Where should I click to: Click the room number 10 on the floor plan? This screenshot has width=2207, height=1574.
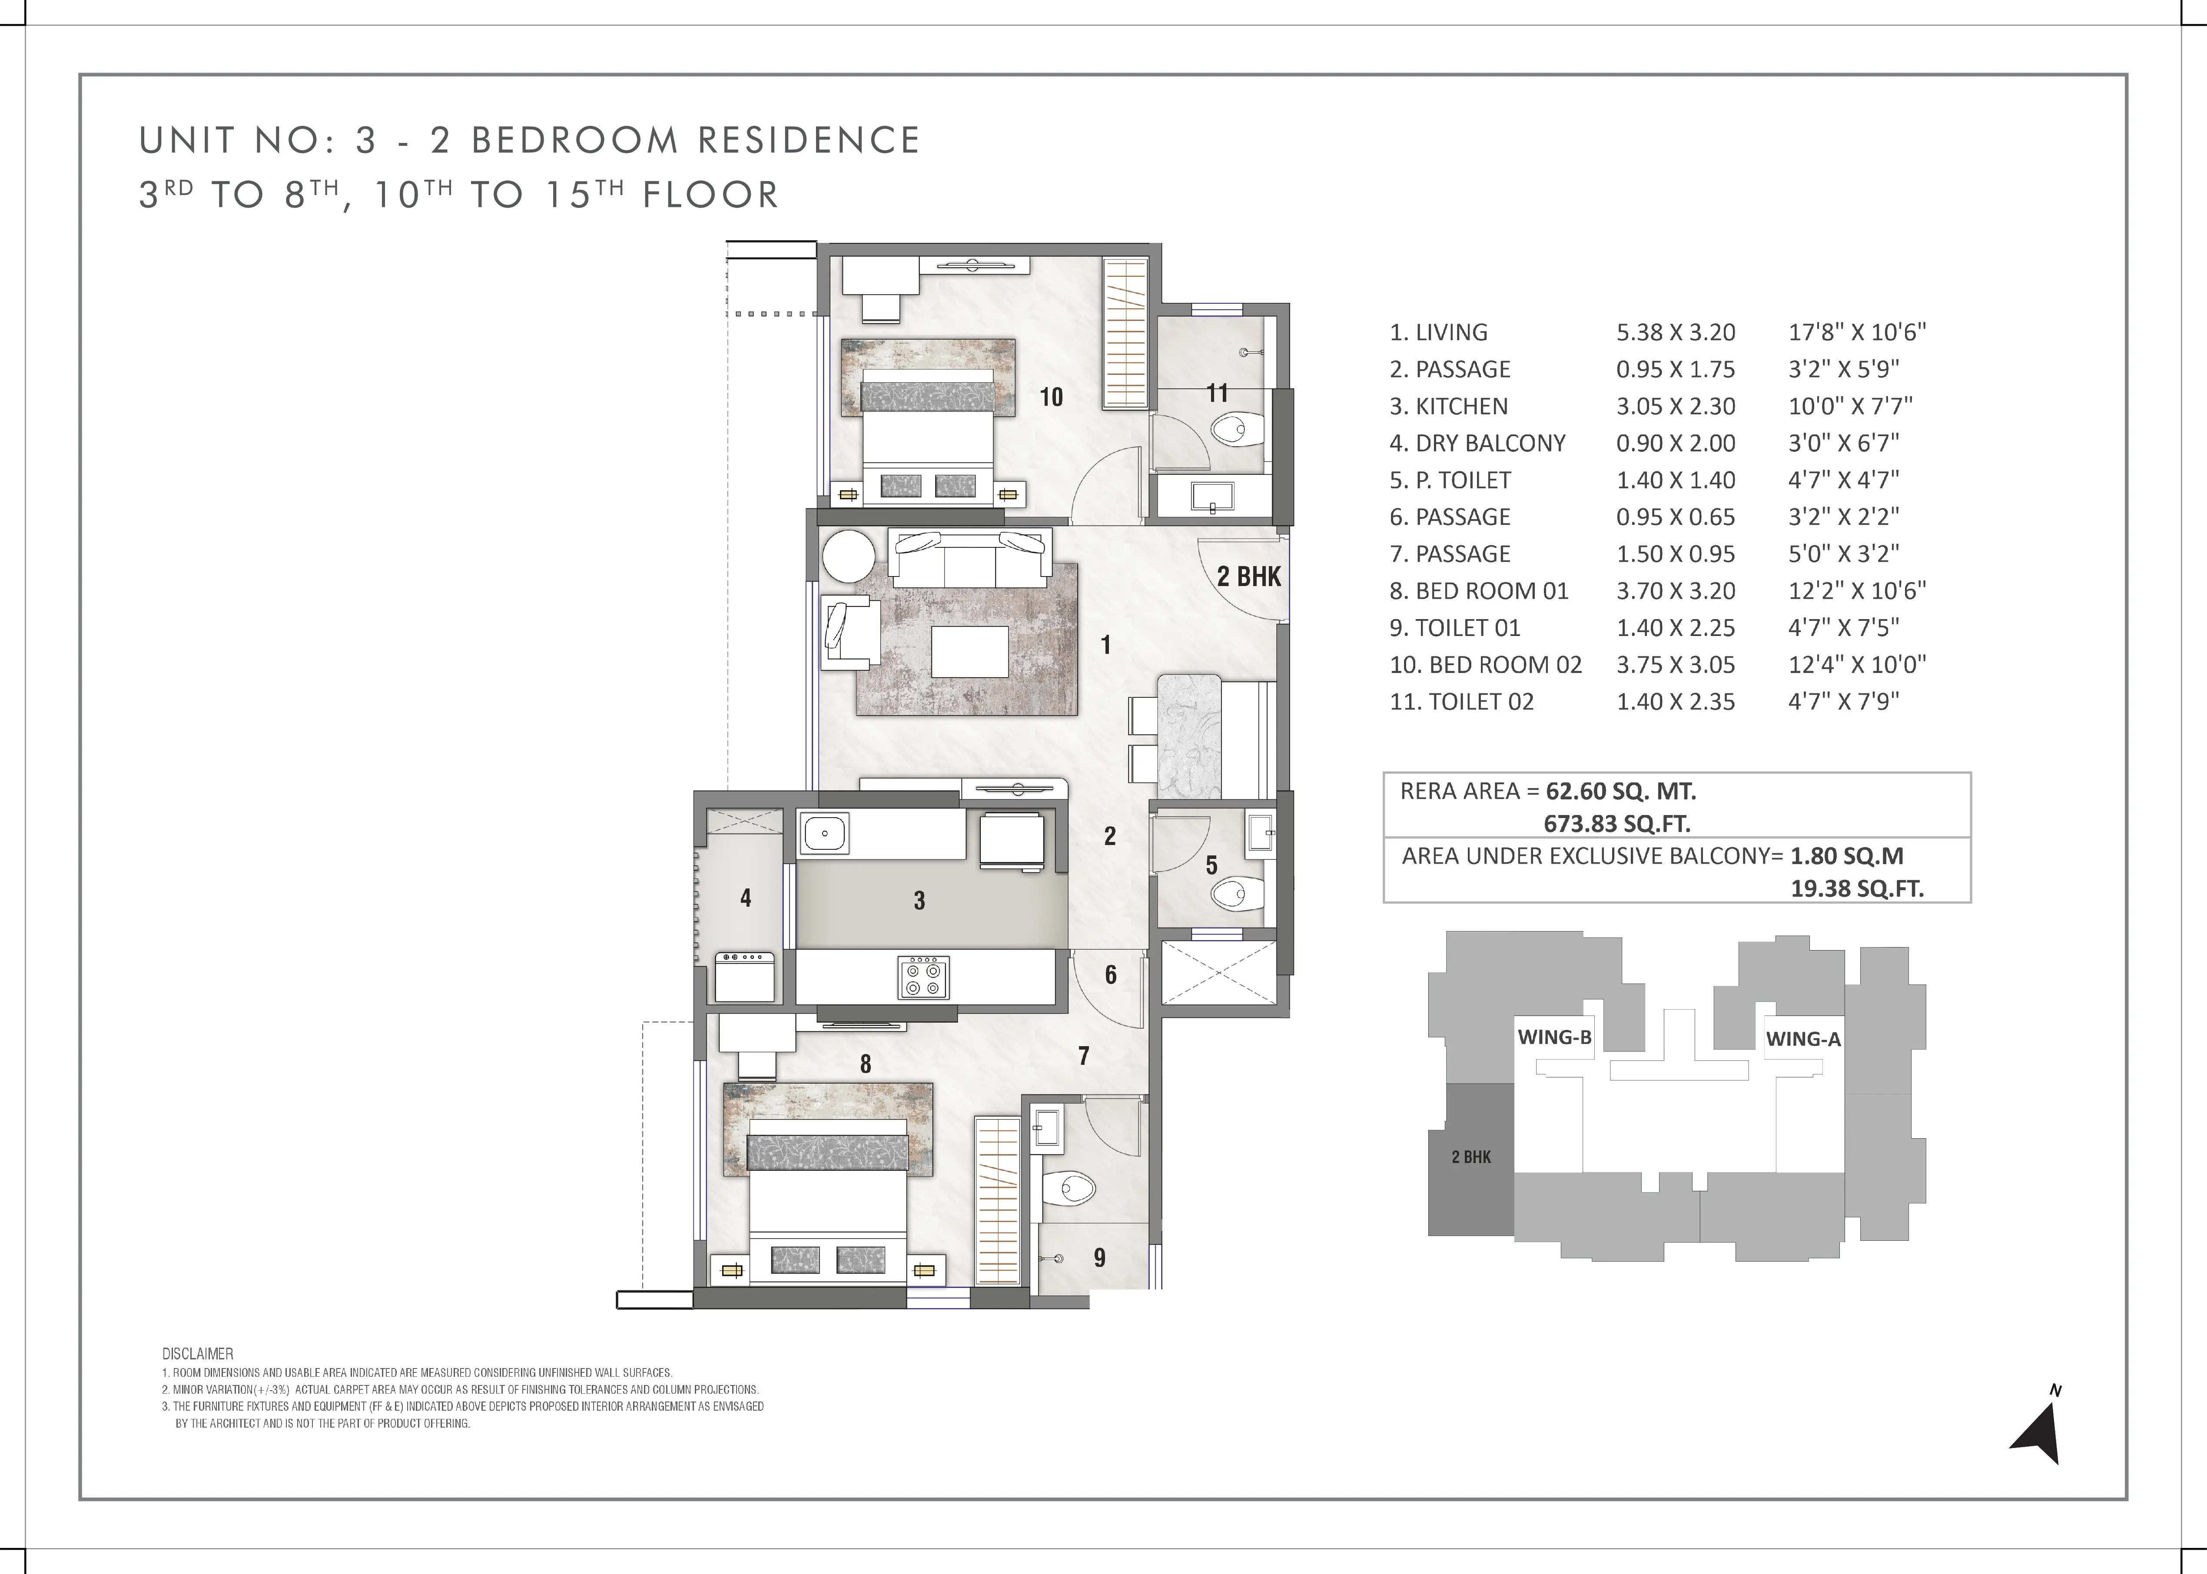point(1052,396)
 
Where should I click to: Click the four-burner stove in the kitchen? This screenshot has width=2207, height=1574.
point(923,977)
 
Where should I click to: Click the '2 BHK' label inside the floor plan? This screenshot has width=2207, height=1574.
point(1249,577)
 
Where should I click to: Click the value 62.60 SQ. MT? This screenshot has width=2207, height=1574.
point(1621,792)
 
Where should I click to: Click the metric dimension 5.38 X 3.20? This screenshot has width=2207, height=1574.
point(1676,332)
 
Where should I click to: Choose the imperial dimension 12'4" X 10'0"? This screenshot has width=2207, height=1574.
point(1857,665)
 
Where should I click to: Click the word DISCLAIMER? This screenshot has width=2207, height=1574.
point(198,1354)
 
